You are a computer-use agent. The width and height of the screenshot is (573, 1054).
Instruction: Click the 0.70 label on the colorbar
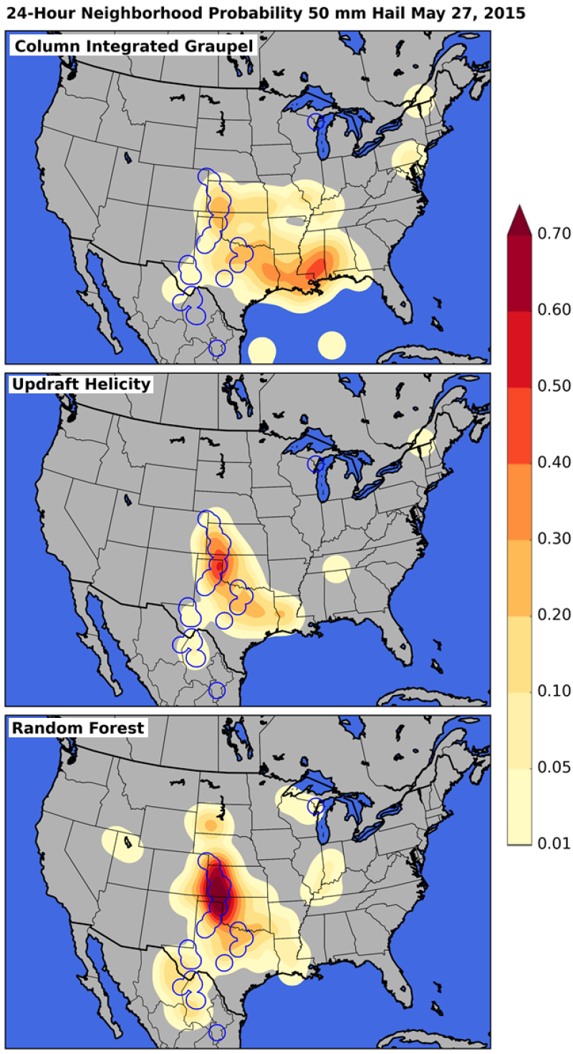tap(553, 234)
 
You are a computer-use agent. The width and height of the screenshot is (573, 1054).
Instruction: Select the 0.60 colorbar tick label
tap(553, 310)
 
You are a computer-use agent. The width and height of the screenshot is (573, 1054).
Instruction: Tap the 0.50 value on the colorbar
tap(553, 385)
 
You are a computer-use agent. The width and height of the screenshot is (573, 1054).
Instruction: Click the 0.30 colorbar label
tap(553, 538)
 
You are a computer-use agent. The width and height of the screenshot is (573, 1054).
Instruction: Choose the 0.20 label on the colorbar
tap(553, 614)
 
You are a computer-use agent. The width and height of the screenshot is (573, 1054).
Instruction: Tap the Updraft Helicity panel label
tap(81, 384)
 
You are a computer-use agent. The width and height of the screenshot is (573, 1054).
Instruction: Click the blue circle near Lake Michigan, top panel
tap(315, 122)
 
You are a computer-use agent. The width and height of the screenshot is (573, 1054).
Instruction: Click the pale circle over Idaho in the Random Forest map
tap(122, 843)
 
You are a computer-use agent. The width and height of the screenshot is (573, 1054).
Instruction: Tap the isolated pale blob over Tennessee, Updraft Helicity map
tap(336, 568)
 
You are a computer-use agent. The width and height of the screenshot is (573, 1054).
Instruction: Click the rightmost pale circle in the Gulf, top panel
tap(331, 345)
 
